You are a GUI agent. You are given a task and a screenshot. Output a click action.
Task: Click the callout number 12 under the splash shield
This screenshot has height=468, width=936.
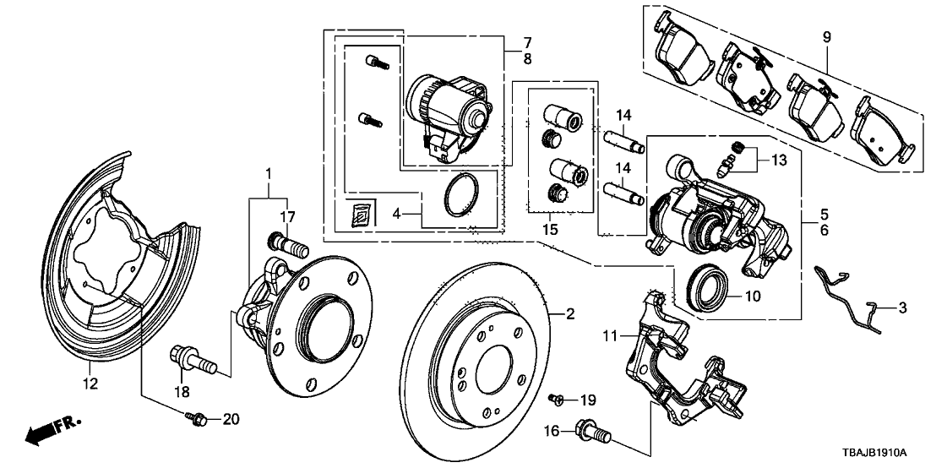[90, 384]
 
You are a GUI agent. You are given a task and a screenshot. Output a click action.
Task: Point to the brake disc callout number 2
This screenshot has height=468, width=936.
[570, 314]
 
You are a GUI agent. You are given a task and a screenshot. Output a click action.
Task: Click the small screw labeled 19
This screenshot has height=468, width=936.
[556, 397]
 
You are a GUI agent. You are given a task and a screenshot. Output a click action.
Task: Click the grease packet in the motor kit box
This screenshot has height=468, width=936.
[359, 216]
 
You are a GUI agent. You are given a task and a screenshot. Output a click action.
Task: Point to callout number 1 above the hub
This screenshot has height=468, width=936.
[269, 175]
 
